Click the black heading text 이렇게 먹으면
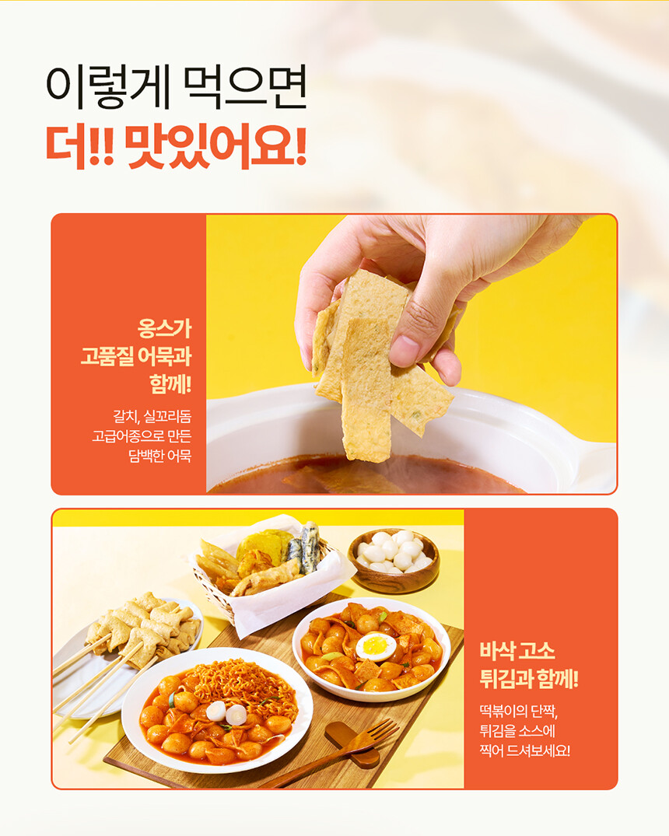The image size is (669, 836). tap(177, 87)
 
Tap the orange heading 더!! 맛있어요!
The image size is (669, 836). tap(177, 146)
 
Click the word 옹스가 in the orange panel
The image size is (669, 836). tap(164, 328)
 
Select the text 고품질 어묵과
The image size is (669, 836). tap(136, 356)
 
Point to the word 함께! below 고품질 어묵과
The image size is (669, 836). tap(170, 384)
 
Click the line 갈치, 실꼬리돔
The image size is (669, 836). tap(152, 416)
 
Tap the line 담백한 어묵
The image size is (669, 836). tap(159, 456)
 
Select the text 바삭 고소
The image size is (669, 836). tap(517, 651)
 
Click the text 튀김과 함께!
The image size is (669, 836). tap(529, 679)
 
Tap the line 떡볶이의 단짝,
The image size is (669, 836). tap(519, 711)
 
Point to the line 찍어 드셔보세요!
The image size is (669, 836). tap(525, 750)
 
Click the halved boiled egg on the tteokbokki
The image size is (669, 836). tap(376, 646)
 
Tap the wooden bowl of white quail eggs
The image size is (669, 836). tap(394, 561)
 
